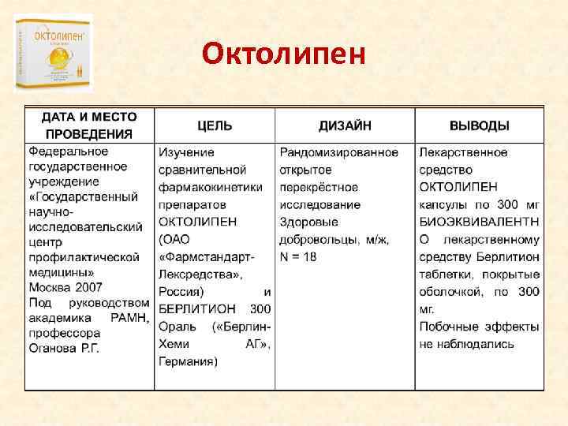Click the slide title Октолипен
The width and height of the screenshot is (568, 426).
[x=283, y=54]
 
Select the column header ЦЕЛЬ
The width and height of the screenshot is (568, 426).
[x=215, y=125]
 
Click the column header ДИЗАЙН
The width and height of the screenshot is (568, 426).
[x=345, y=125]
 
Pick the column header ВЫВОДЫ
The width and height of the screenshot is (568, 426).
[x=479, y=125]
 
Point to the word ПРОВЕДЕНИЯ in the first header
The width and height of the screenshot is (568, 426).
[x=88, y=134]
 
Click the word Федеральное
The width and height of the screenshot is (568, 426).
[x=69, y=151]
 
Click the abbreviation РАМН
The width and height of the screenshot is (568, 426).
[x=123, y=316]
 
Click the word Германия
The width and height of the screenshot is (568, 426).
[x=188, y=361]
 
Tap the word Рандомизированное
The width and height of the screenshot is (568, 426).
[x=339, y=152]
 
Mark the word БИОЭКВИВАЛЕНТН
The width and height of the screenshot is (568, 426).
[x=479, y=222]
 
